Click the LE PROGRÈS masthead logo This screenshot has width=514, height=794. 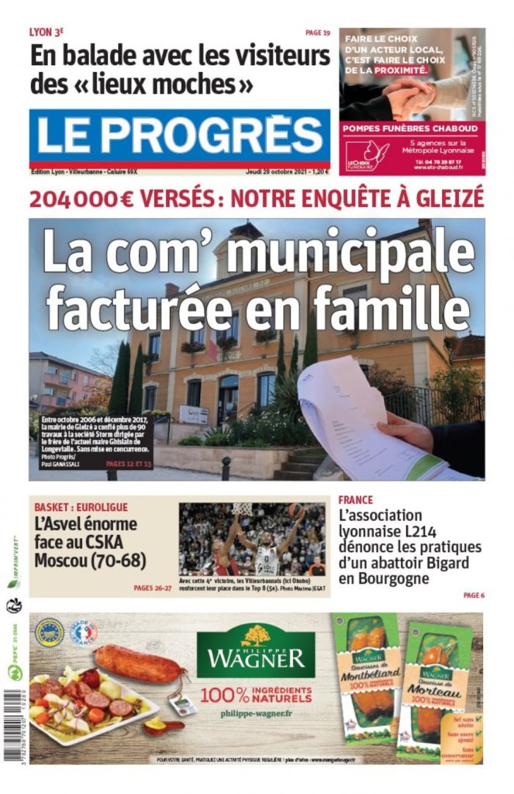pyautogui.click(x=179, y=135)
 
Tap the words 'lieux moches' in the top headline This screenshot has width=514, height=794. pyautogui.click(x=181, y=81)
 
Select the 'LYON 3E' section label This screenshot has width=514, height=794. pyautogui.click(x=46, y=33)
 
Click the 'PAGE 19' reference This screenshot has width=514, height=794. pyautogui.click(x=318, y=33)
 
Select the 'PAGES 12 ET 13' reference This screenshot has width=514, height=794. pyautogui.click(x=130, y=464)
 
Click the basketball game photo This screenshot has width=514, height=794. pyautogui.click(x=252, y=539)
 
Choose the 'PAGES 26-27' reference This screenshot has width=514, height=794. pyautogui.click(x=152, y=589)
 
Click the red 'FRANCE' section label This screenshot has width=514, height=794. pyautogui.click(x=355, y=500)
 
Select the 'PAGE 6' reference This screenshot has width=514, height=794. pyautogui.click(x=474, y=595)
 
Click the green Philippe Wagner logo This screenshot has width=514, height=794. pyautogui.click(x=255, y=651)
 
